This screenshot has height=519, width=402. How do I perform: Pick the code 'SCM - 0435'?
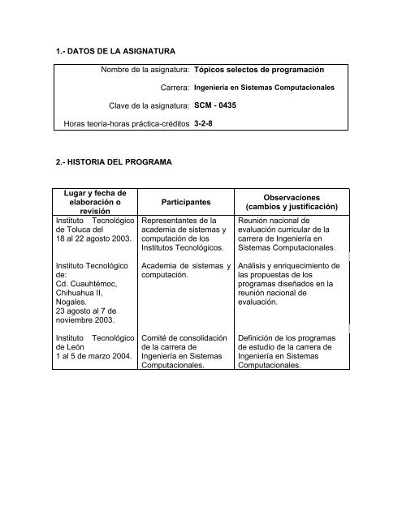click(222, 106)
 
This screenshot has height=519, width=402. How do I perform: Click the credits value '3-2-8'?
click(205, 125)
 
